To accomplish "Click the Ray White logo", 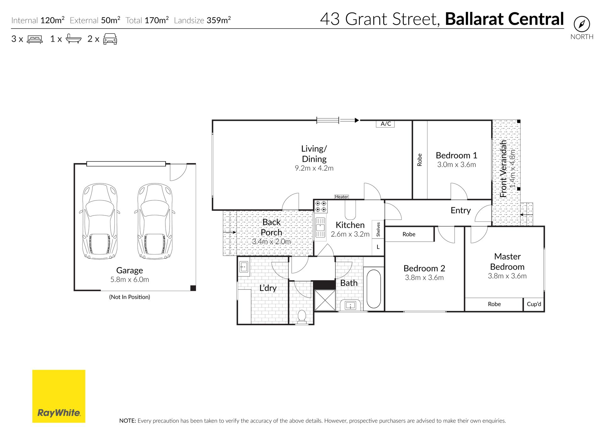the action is [59, 396].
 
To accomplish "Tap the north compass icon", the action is [582, 24].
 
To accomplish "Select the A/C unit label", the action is [385, 124].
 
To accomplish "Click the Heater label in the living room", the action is [342, 197].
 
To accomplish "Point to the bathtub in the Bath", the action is [374, 288].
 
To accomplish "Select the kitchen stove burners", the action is [321, 206].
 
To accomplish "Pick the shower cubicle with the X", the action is [325, 300].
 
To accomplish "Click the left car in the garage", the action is [100, 221].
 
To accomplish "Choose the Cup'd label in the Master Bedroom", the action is [534, 304].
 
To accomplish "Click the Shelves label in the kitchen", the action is [378, 229].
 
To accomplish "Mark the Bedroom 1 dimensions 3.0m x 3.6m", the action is [456, 165].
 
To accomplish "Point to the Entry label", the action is [461, 211].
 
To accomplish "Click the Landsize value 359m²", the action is [219, 20].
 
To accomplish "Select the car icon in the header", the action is [110, 39].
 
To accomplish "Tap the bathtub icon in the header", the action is [74, 39].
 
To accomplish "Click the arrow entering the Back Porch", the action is [229, 232].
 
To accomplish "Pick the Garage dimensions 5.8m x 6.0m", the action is [130, 280].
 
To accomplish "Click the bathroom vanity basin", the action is [350, 305].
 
